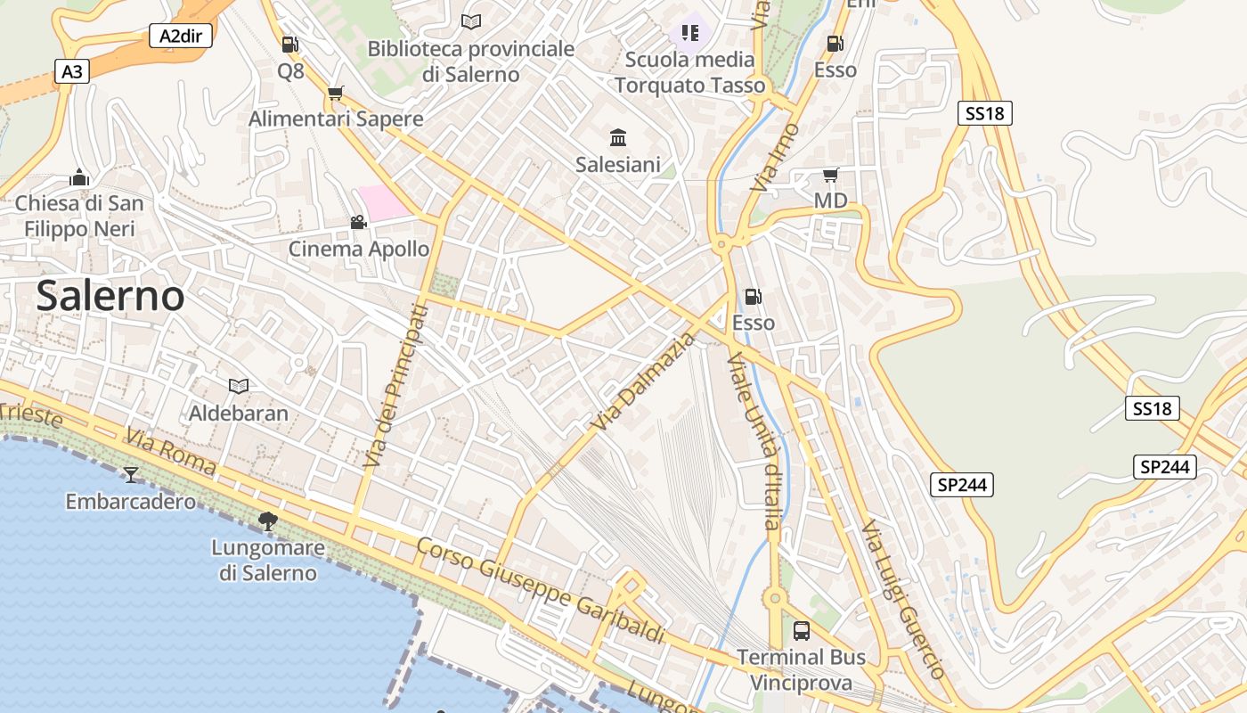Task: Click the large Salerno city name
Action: [x=110, y=296]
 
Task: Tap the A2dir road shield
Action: [x=180, y=36]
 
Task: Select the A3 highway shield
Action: [x=72, y=71]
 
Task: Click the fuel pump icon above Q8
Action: [x=289, y=44]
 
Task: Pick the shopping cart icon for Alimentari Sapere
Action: [x=336, y=93]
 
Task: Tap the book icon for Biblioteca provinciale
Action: [x=471, y=21]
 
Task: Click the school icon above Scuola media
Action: [x=690, y=33]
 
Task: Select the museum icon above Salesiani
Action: [x=618, y=137]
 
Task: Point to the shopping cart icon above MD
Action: [x=830, y=175]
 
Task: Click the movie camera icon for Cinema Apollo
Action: [x=358, y=222]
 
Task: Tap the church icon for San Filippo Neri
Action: [x=79, y=177]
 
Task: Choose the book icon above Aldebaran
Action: [x=238, y=386]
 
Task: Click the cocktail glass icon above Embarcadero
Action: [x=131, y=474]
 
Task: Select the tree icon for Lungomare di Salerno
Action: [x=266, y=520]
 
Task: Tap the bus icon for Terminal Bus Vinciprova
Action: [x=801, y=631]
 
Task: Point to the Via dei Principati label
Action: [x=396, y=386]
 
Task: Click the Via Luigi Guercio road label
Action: [x=902, y=599]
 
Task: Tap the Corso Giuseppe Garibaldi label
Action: [x=541, y=590]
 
